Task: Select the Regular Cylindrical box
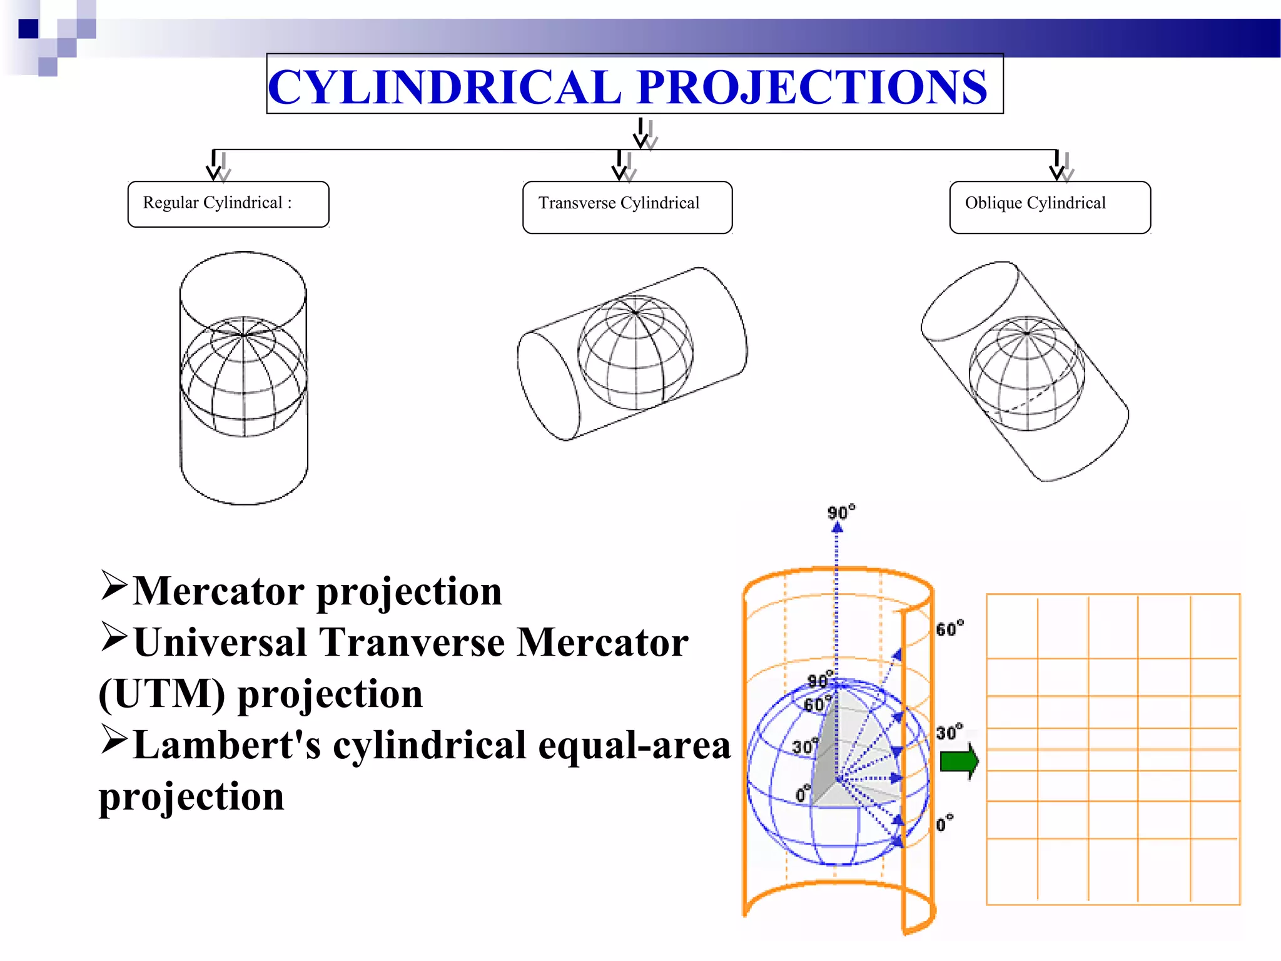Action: pyautogui.click(x=228, y=204)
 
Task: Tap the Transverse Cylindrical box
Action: pyautogui.click(x=627, y=206)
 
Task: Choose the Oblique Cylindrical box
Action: pyautogui.click(x=1050, y=206)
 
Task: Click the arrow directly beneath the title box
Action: pyautogui.click(x=642, y=133)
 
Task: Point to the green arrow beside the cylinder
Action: pyautogui.click(x=959, y=761)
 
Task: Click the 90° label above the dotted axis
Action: pyautogui.click(x=841, y=513)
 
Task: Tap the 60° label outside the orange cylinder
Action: pyautogui.click(x=949, y=629)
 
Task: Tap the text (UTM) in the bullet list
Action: pyautogui.click(x=161, y=694)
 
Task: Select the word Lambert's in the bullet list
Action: pyautogui.click(x=226, y=746)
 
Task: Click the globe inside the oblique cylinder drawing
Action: pyautogui.click(x=1027, y=374)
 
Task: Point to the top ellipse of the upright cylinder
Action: pyautogui.click(x=243, y=291)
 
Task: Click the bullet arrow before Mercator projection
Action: pyautogui.click(x=114, y=586)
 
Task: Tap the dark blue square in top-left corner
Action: pyautogui.click(x=28, y=29)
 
